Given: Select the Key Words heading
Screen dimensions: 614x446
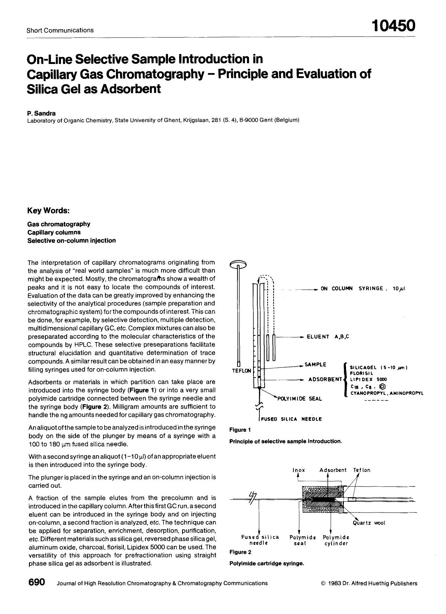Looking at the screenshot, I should tap(48, 210).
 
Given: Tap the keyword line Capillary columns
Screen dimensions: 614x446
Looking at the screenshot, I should tap(54, 232).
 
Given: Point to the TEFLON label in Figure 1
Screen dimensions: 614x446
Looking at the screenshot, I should tap(242, 371).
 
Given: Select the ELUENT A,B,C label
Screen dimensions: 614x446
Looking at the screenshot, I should tap(327, 337).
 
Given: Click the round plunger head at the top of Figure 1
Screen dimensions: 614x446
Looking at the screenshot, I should tap(238, 264).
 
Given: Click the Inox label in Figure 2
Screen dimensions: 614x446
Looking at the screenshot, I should tap(299, 470).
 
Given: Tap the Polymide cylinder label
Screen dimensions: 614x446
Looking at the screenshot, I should tap(336, 540).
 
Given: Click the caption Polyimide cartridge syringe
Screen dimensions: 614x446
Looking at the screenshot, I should tap(266, 563).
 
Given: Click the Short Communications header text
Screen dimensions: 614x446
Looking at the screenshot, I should tap(60, 30).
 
